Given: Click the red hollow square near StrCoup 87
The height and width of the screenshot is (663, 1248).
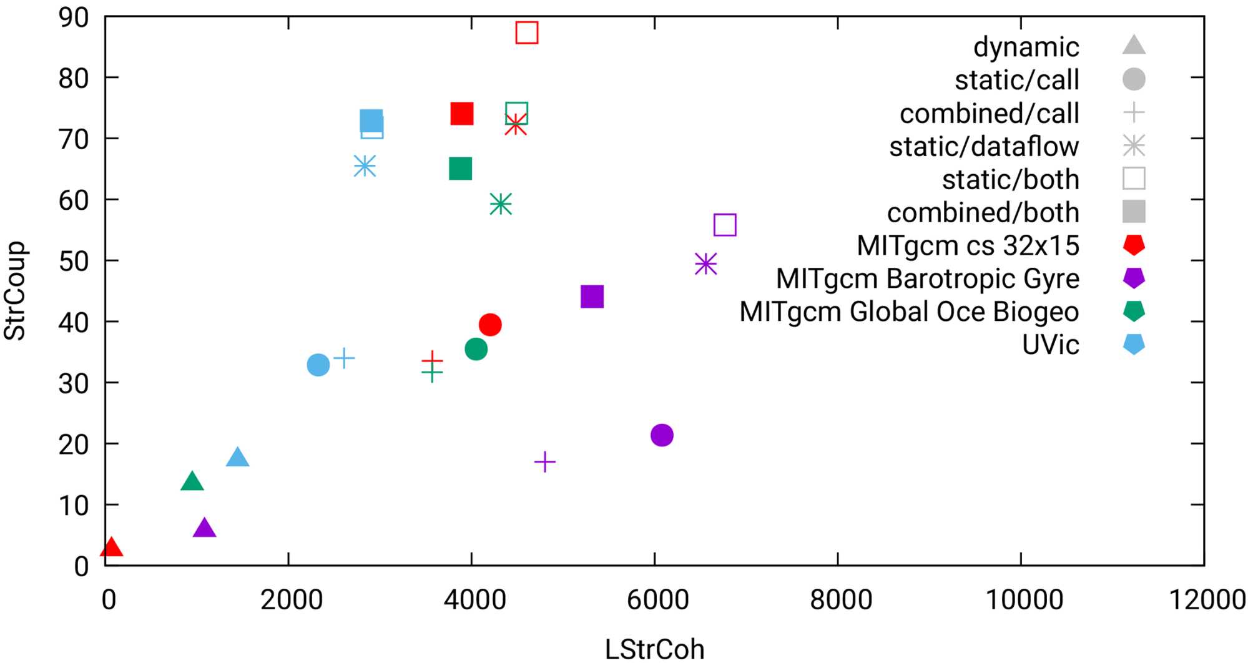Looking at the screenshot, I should (527, 32).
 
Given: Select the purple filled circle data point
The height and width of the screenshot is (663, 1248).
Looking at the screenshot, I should (662, 435).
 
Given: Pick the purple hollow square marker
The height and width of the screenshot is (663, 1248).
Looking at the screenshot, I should (725, 225).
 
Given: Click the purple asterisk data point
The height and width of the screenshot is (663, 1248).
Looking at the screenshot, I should (705, 264).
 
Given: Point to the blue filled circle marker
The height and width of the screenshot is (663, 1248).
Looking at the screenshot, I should (318, 365).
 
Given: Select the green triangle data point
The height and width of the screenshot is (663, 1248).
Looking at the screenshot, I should (192, 482).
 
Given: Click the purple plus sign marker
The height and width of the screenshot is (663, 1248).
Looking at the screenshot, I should (545, 462).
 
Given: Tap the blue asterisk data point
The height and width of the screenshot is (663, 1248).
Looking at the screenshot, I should (365, 166).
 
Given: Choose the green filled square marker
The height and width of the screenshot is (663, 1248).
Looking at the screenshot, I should (460, 169).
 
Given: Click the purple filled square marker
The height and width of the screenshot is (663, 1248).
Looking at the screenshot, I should (592, 297).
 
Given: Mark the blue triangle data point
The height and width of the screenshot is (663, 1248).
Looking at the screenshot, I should (237, 458).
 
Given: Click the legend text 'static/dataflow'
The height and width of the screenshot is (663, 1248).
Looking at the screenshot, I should (984, 147).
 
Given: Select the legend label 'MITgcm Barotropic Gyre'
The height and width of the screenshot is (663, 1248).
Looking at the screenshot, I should (927, 278).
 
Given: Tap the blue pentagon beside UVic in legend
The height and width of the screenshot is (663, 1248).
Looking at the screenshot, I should (1134, 345).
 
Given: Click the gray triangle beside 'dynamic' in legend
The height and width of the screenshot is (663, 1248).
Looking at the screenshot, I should (1134, 46).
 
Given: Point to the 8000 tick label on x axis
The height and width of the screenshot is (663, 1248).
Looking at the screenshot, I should (840, 600).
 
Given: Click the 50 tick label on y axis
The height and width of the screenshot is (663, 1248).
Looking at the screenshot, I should (74, 261).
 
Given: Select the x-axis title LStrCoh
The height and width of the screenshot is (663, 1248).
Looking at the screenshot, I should (654, 649).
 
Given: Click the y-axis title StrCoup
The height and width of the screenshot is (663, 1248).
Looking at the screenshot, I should (15, 291).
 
